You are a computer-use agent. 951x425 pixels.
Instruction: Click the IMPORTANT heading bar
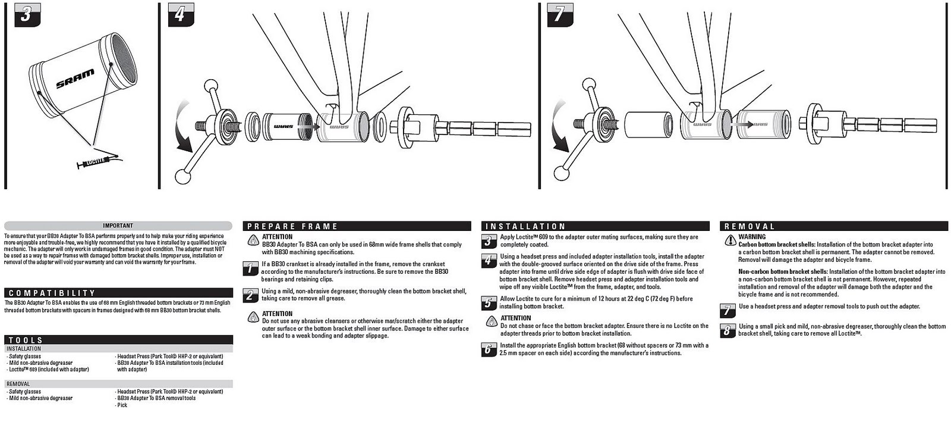tap(118, 226)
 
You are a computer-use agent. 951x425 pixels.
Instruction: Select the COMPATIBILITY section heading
tap(118, 293)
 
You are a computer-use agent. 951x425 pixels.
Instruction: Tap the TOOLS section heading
tap(118, 340)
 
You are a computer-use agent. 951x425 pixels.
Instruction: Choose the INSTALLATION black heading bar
tap(595, 226)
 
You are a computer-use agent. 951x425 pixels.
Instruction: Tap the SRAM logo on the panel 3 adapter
tap(75, 79)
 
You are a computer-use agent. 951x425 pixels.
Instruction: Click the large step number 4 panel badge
tap(180, 14)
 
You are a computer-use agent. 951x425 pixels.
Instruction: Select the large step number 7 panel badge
tap(558, 14)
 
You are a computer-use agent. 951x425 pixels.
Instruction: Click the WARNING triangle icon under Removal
tap(730, 240)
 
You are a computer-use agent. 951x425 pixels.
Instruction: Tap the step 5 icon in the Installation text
tap(488, 303)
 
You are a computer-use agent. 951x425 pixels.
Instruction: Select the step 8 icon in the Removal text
tap(728, 330)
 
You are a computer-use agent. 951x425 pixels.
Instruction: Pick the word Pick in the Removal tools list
tap(122, 405)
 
